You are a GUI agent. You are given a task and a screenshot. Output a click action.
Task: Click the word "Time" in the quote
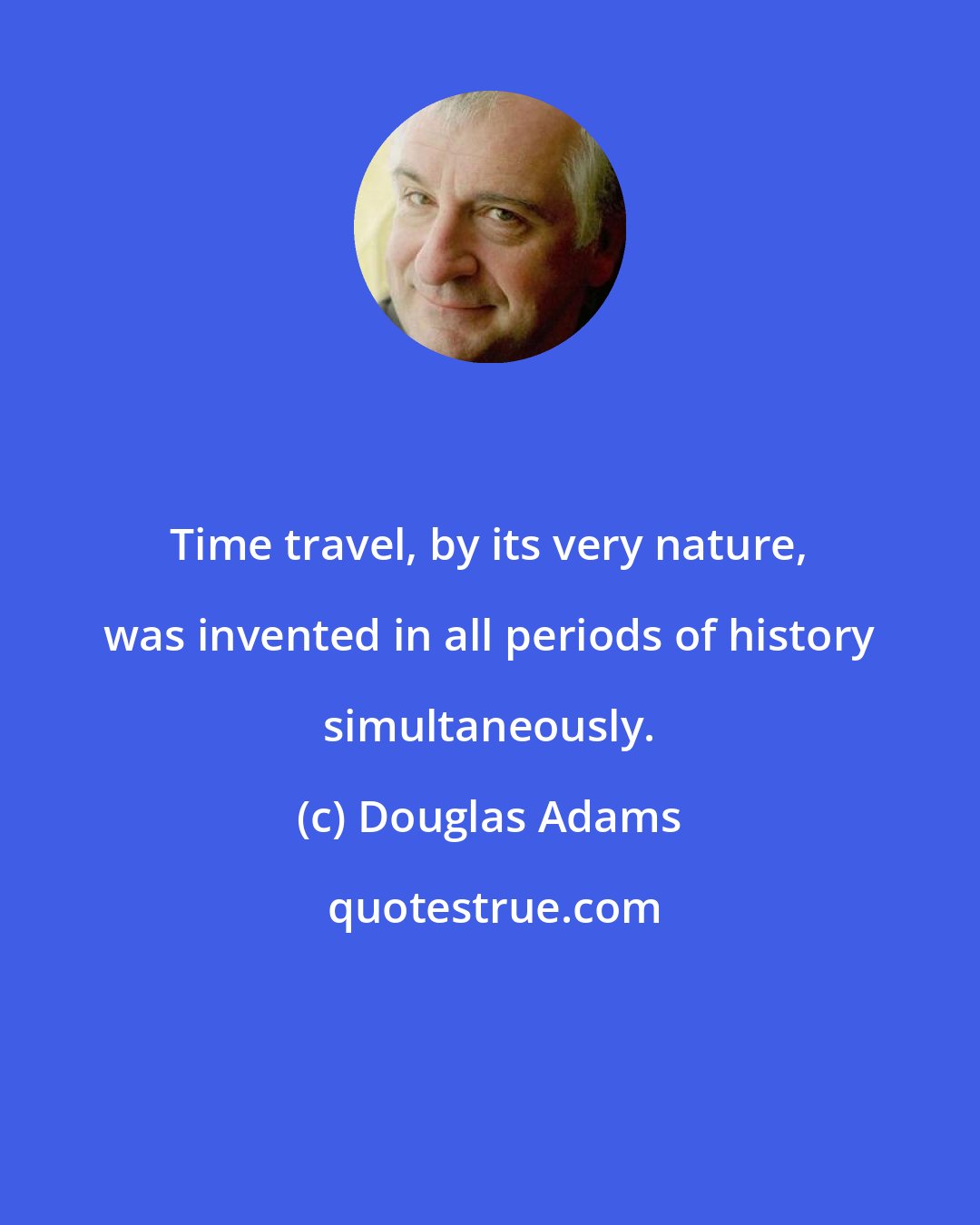220,545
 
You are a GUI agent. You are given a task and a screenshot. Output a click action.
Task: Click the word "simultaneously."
488,727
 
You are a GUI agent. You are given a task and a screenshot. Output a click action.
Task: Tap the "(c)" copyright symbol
321,818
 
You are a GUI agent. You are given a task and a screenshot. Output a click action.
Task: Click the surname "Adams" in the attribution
610,818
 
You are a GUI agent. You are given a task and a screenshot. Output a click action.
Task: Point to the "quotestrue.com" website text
495,908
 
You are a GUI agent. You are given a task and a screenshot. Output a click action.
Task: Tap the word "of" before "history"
694,636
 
